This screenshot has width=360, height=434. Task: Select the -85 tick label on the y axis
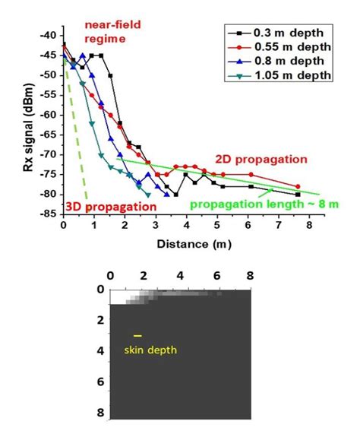[49, 214]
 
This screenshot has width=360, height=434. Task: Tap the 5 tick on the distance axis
[217, 226]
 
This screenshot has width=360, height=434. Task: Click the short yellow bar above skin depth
[137, 335]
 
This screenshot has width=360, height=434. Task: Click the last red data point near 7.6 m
[298, 186]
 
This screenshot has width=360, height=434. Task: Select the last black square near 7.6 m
[298, 195]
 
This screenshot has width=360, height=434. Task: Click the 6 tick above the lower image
[217, 275]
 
